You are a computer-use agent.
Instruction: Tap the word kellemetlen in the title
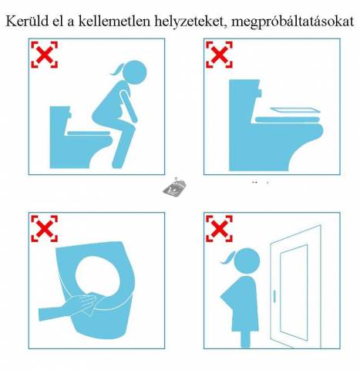114,21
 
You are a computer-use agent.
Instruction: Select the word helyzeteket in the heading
191,22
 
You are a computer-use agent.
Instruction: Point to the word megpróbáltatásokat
293,22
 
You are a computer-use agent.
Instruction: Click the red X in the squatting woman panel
44,55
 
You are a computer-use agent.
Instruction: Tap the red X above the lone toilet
219,55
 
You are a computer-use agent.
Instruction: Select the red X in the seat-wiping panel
44,228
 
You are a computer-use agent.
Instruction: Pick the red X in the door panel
219,228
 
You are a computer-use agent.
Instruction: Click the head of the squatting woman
134,72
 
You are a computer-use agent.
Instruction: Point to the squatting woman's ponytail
117,69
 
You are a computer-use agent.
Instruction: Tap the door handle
274,295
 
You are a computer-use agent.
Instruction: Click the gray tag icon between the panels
175,187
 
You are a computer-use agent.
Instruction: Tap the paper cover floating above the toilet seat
295,110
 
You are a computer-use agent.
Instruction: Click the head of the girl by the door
247,260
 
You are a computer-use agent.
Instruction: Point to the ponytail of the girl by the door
229,258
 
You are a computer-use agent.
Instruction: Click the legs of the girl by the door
245,338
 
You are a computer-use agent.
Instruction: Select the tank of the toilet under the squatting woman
60,119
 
